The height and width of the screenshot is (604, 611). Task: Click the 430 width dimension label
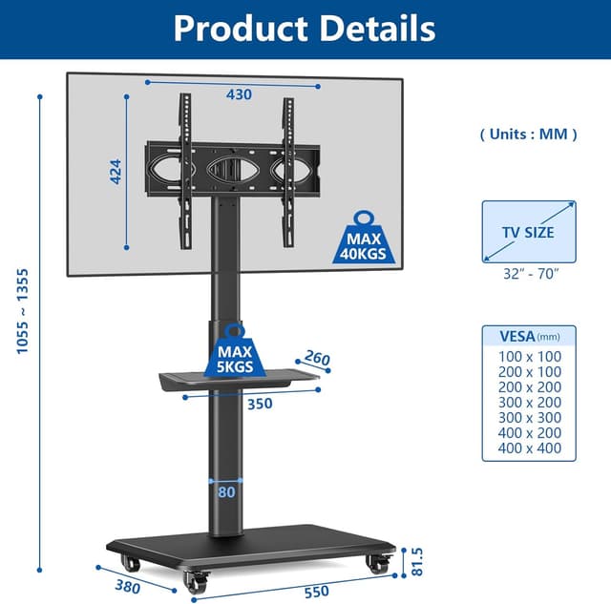[239, 94]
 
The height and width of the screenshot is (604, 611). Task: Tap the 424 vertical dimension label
[116, 172]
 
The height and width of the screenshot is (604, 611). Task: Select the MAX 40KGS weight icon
[363, 238]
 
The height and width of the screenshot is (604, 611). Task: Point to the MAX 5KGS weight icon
[235, 350]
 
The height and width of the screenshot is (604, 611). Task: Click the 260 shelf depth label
[317, 358]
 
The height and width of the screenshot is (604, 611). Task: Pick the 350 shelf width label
[260, 404]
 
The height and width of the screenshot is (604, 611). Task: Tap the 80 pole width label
[226, 492]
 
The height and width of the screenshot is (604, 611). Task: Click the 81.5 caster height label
[417, 562]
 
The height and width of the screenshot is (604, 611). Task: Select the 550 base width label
[316, 592]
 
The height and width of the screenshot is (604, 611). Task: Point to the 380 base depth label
[127, 586]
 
